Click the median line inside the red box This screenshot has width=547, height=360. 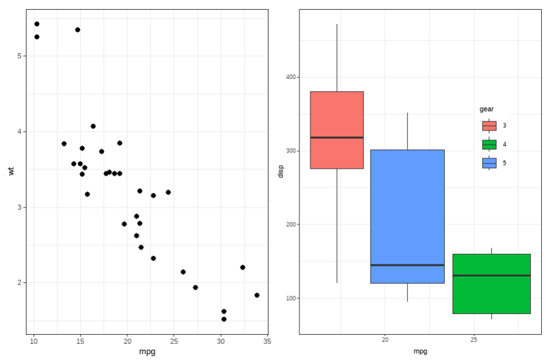pos(336,138)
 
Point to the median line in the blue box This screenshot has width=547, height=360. pos(407,265)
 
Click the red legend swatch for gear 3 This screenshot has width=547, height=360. pos(489,125)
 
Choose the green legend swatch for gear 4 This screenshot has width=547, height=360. pos(489,144)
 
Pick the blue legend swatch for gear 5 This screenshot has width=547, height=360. pos(489,163)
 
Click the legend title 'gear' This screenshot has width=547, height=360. pos(486,109)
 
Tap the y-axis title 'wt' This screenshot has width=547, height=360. pos(11,171)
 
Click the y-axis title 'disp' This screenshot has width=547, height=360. pos(280,171)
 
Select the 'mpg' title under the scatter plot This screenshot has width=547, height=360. pos(147,352)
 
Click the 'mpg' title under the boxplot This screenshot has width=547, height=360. pos(420,352)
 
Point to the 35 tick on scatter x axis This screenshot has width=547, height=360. pos(267,341)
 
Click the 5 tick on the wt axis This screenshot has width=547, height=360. pos(21,56)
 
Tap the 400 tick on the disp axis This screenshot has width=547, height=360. pos(290,77)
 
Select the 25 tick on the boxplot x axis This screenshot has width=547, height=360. pos(474,340)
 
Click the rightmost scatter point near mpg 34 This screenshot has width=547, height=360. pos(257,295)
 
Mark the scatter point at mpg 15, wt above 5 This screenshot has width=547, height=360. pos(78,30)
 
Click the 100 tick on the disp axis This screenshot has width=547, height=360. pos(290,299)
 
